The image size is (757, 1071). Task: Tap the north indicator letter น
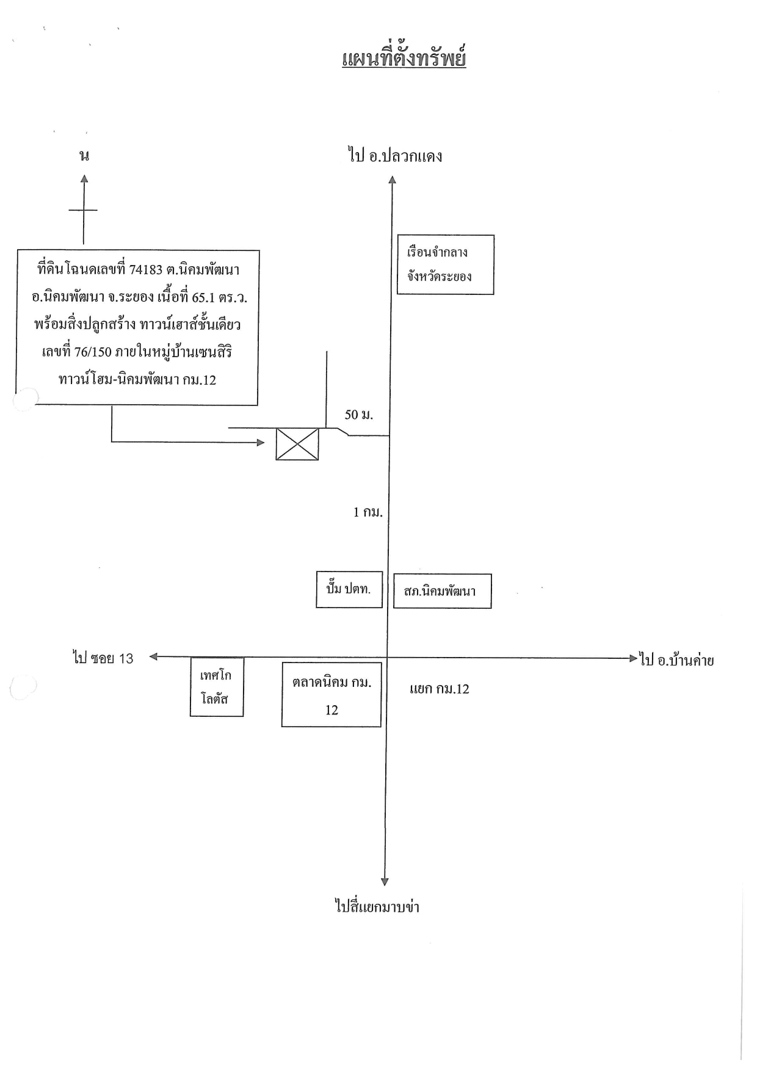[84, 156]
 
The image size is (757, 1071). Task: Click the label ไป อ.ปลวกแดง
[396, 156]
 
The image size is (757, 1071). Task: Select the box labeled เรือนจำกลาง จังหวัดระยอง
[446, 264]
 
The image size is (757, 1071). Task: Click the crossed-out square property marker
[297, 443]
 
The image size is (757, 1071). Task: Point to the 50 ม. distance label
[359, 415]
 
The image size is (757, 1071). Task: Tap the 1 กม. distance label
[368, 512]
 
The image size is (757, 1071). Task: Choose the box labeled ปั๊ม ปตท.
[349, 590]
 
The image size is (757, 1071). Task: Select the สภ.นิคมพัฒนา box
[443, 591]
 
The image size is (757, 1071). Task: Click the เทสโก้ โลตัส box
[217, 687]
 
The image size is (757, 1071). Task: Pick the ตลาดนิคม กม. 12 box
[331, 694]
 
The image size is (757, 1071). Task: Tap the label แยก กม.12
[440, 689]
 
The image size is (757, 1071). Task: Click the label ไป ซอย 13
[103, 658]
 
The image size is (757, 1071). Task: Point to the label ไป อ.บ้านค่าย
[677, 660]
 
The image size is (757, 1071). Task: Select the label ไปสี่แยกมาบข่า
[377, 906]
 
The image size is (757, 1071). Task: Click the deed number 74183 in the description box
[146, 270]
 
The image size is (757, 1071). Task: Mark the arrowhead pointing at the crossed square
[261, 443]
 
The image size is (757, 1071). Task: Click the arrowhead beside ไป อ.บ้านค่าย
[633, 658]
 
